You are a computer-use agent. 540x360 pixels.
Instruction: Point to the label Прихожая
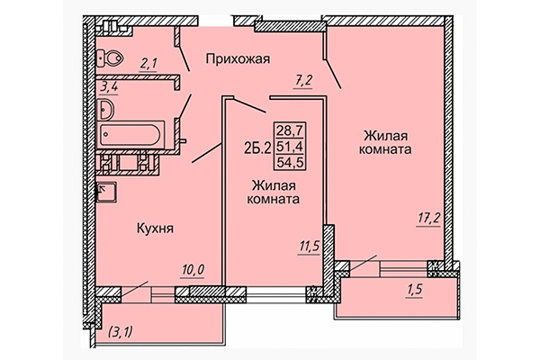click(238, 59)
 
